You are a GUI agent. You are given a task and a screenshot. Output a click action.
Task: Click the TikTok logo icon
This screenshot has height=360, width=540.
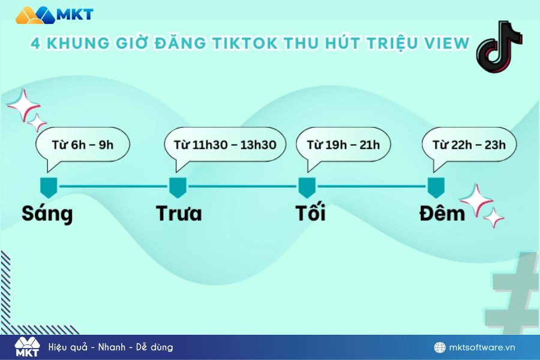(499, 47)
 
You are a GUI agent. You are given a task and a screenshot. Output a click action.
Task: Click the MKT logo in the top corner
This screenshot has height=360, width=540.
(55, 15)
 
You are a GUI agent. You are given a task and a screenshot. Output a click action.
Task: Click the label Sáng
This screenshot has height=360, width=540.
(47, 214)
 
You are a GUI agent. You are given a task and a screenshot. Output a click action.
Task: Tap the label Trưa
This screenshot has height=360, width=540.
(179, 213)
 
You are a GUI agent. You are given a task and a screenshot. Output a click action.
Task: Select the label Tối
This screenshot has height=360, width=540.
(311, 212)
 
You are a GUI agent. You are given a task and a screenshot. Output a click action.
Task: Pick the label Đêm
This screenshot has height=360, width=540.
(442, 213)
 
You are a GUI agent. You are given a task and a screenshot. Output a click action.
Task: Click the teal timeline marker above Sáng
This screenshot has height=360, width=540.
(49, 188)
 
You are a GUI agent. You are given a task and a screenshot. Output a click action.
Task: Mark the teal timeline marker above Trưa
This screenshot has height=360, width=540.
(178, 188)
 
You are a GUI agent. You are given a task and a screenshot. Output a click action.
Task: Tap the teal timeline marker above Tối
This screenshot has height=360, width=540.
(307, 188)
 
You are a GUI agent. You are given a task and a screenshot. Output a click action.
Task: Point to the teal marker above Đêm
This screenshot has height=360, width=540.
(436, 188)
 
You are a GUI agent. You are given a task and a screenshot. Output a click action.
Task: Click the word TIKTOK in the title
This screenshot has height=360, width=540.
(245, 43)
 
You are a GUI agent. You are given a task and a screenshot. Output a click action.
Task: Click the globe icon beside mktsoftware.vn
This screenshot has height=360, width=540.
(440, 347)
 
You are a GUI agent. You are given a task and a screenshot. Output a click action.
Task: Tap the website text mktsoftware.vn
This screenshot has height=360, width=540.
(482, 347)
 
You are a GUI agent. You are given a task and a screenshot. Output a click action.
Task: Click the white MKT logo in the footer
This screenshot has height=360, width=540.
(27, 347)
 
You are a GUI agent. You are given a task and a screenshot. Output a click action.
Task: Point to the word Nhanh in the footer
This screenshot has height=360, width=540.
(112, 347)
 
